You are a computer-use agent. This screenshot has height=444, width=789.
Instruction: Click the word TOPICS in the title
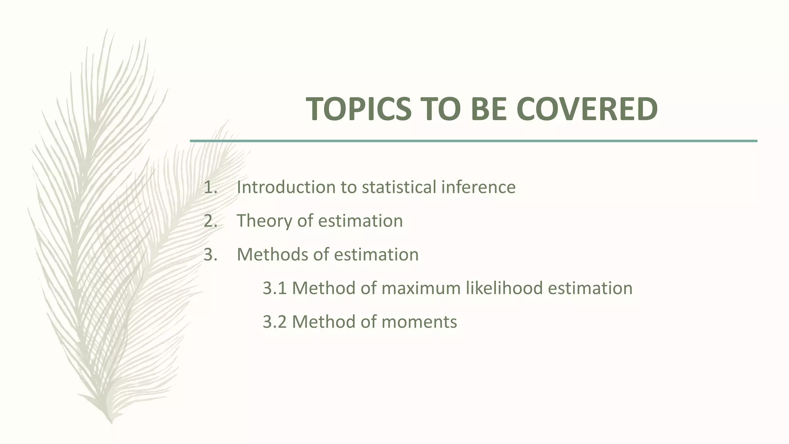(359, 109)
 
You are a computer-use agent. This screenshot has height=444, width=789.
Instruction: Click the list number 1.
(210, 187)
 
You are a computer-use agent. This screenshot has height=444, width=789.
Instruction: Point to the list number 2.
(210, 221)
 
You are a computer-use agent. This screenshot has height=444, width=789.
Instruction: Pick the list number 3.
(210, 254)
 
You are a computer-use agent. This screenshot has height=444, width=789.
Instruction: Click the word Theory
(264, 221)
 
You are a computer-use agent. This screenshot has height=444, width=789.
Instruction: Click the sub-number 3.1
(274, 288)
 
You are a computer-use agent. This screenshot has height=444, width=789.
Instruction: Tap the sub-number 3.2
(274, 322)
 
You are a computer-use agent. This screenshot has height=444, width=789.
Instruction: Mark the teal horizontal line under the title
(473, 141)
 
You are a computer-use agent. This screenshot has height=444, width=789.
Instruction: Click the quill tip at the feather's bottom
(111, 422)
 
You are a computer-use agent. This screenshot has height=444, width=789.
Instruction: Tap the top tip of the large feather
(107, 30)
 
